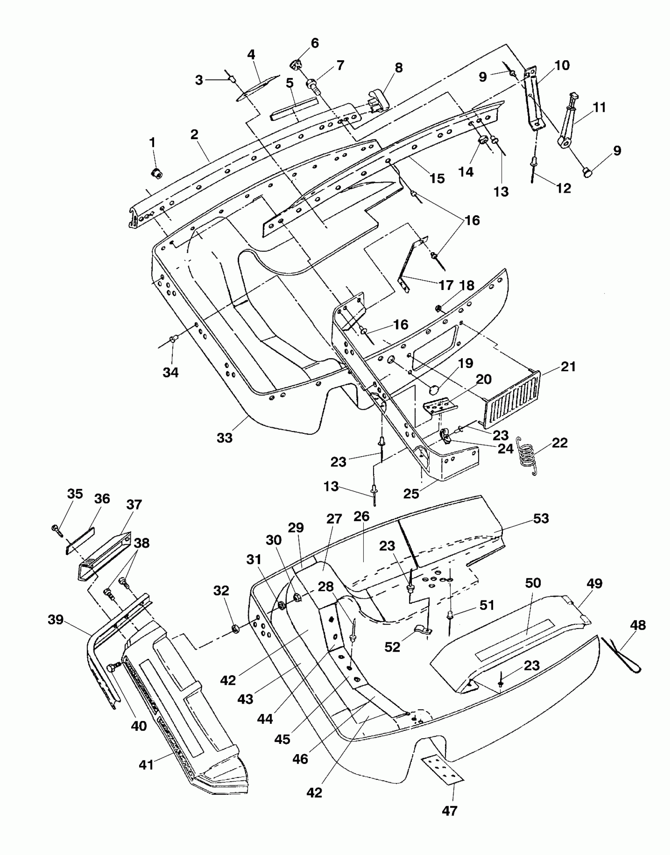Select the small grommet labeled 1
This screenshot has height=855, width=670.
click(x=158, y=172)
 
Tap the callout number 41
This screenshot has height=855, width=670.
click(x=146, y=765)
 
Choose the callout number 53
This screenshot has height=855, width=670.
click(x=541, y=519)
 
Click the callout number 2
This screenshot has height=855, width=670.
click(x=194, y=134)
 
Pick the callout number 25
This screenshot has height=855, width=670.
click(x=411, y=494)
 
